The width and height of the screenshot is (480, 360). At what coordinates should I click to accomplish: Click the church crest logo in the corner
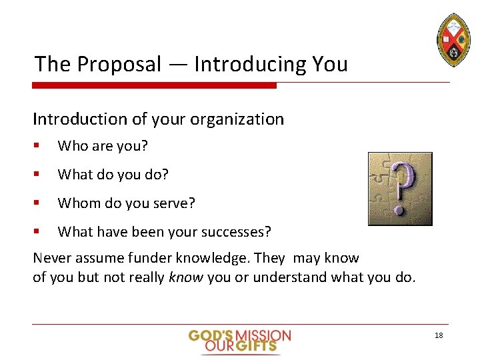point(453,39)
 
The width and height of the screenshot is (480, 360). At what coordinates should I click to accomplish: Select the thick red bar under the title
point(154,85)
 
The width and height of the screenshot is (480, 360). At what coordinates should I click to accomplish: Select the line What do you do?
point(113,175)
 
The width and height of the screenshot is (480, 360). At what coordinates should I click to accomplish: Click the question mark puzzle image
point(400,189)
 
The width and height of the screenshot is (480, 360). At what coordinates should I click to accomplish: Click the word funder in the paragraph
point(158,258)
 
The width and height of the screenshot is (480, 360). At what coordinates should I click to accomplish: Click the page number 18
point(438,335)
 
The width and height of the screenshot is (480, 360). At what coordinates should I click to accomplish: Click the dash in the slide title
point(177,65)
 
